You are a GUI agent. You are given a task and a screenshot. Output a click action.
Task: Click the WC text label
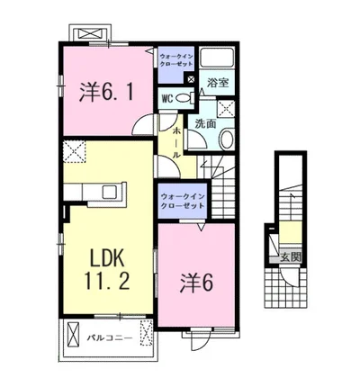[x=167, y=98]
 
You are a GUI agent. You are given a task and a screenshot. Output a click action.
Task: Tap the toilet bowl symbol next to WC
[x=184, y=98]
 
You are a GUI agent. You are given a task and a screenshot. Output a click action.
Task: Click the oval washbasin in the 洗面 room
[x=225, y=140]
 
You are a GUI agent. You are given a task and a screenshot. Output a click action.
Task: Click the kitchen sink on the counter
[x=108, y=192]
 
